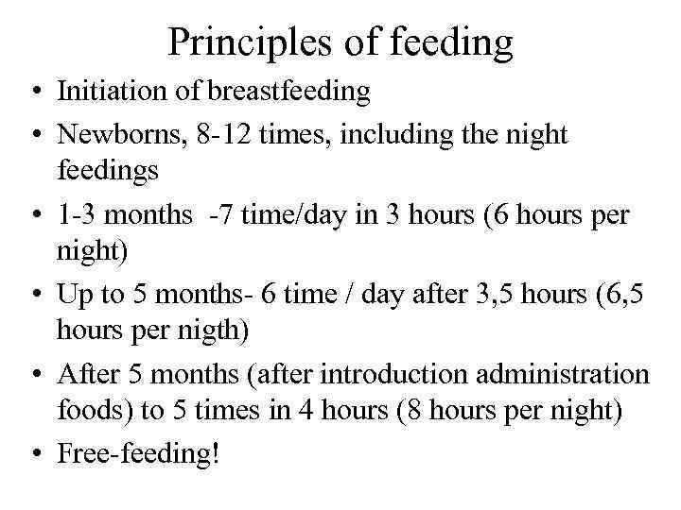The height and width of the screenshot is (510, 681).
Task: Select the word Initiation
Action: [106, 92]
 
